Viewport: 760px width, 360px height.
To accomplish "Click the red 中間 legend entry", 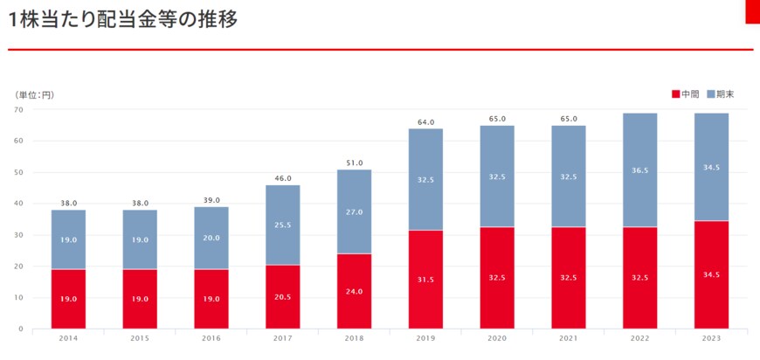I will click(686, 93).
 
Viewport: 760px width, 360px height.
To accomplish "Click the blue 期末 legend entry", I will click(720, 93).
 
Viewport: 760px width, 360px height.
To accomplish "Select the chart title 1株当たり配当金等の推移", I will click(121, 19).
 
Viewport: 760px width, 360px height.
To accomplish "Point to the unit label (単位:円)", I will click(34, 94).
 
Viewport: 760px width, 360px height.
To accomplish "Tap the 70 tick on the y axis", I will click(18, 109).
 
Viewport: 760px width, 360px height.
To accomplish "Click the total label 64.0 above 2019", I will click(425, 122).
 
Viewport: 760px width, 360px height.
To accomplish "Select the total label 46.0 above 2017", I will click(283, 178).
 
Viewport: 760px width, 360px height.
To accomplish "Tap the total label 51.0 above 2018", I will click(354, 163).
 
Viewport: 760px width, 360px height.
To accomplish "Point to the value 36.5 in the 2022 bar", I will click(639, 170).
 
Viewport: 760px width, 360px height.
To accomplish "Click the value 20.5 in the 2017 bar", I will click(283, 298).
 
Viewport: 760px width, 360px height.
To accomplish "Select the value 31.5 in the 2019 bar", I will click(425, 280).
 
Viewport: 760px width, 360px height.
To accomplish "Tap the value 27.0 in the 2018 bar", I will click(354, 211).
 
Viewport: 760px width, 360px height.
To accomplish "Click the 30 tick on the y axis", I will click(18, 235).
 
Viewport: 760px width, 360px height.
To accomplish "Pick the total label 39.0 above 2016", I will click(211, 200).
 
